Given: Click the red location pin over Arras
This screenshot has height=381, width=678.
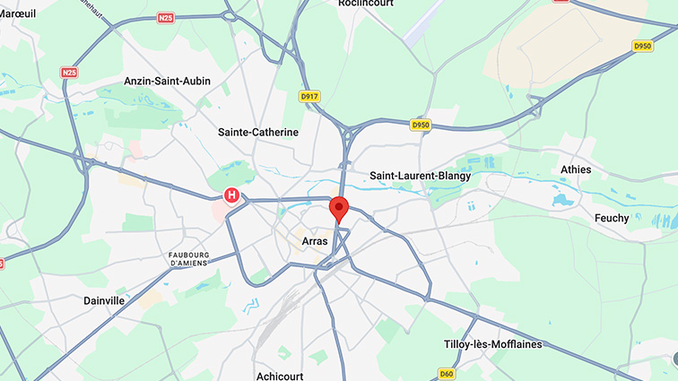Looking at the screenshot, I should (x=339, y=208).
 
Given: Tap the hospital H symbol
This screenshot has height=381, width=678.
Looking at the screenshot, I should (x=232, y=195).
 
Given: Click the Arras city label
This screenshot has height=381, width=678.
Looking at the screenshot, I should (x=315, y=240).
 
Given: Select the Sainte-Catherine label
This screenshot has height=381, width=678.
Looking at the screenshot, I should (x=257, y=132).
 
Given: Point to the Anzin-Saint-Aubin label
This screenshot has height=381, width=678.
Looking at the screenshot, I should (x=168, y=81).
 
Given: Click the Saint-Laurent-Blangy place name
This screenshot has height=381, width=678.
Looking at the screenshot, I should (x=420, y=176).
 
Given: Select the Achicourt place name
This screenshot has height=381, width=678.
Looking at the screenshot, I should (x=282, y=375).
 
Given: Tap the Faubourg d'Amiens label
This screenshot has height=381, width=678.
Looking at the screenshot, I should (x=188, y=258).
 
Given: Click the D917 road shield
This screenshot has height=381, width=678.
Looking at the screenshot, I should (x=309, y=96).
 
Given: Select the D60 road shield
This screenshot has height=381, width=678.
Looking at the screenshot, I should (x=446, y=373).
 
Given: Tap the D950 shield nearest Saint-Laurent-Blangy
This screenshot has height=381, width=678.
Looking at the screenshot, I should (x=421, y=125).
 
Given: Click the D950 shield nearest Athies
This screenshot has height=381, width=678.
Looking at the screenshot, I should (x=643, y=46).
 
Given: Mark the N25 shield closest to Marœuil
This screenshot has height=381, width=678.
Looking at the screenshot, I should (x=69, y=72).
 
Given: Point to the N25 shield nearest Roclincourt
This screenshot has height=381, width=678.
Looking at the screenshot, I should (x=165, y=17).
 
